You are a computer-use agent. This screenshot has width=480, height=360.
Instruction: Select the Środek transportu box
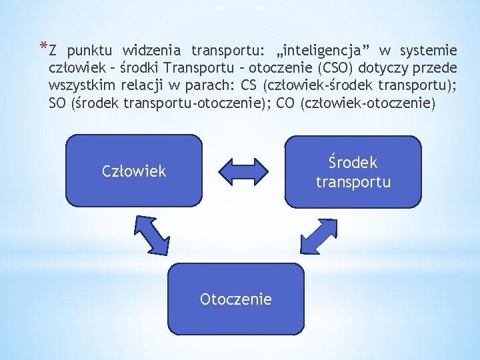[x=353, y=172]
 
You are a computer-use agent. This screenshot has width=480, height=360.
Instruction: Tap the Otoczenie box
[x=235, y=299]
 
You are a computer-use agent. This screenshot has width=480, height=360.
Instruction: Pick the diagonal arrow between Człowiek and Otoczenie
[x=152, y=234]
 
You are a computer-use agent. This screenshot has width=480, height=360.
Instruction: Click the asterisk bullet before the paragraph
[x=43, y=47]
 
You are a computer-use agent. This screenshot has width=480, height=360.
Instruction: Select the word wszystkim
[x=82, y=86]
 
